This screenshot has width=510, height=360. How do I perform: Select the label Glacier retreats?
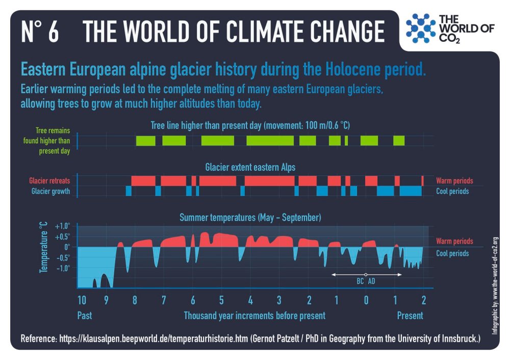tap(49, 181)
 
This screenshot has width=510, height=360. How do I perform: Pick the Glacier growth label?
tap(50, 191)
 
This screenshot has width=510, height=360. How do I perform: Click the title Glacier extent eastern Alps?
tap(250, 167)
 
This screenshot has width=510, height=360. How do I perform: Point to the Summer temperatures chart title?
tap(250, 218)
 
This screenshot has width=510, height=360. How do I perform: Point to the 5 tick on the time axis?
tap(221, 299)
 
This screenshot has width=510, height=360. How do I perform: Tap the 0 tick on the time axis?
tap(366, 299)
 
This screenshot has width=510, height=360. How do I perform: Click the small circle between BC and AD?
tap(366, 275)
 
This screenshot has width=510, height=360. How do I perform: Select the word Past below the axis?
tap(85, 316)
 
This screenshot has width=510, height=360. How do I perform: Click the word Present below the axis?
tap(410, 316)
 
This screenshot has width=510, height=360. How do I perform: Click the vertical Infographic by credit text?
tap(495, 285)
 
